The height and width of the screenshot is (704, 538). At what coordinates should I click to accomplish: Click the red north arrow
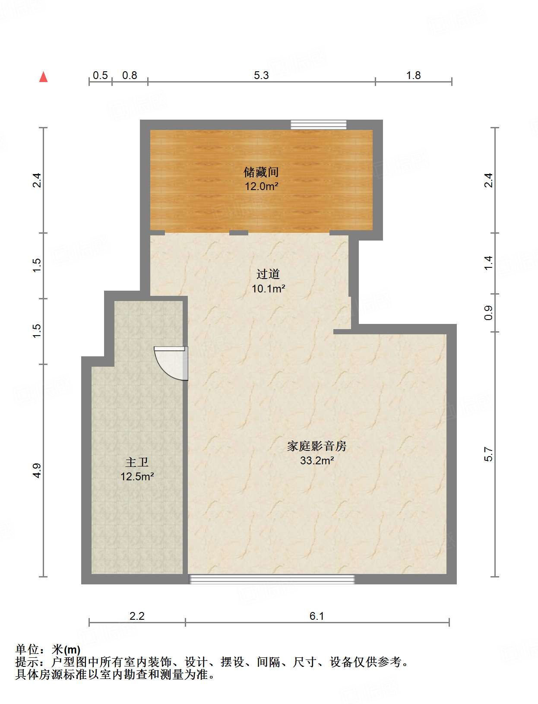(x=43, y=77)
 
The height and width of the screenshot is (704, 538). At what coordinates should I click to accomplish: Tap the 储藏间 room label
(x=261, y=172)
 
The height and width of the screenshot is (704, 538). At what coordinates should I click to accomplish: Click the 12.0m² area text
(x=261, y=187)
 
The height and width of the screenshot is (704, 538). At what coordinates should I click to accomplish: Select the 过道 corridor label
(x=268, y=274)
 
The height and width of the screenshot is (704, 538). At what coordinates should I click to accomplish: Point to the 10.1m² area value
(x=268, y=289)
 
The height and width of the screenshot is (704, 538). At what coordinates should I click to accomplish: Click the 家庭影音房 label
(x=317, y=446)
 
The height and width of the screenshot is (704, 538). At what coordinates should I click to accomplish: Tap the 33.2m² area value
(x=317, y=460)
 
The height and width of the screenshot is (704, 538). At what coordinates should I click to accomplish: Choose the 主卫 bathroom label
(x=137, y=462)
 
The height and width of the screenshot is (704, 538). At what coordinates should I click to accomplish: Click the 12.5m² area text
(x=137, y=477)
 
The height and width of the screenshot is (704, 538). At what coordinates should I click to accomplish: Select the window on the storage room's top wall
(x=318, y=125)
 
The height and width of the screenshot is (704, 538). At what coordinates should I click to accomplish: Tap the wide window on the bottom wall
(x=272, y=579)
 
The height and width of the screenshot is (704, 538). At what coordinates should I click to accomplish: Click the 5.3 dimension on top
(x=261, y=76)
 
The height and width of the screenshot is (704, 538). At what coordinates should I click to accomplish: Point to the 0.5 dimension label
(x=100, y=76)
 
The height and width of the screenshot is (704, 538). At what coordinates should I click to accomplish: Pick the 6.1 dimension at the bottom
(x=316, y=616)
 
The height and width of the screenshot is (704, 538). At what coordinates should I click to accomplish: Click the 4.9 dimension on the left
(x=37, y=470)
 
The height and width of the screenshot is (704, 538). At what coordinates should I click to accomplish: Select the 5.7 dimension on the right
(x=488, y=454)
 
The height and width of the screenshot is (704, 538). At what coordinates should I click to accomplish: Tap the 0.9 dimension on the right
(x=488, y=313)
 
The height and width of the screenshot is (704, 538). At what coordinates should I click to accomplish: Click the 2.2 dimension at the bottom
(x=137, y=616)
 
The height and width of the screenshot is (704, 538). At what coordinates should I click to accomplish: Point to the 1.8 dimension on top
(x=413, y=76)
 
